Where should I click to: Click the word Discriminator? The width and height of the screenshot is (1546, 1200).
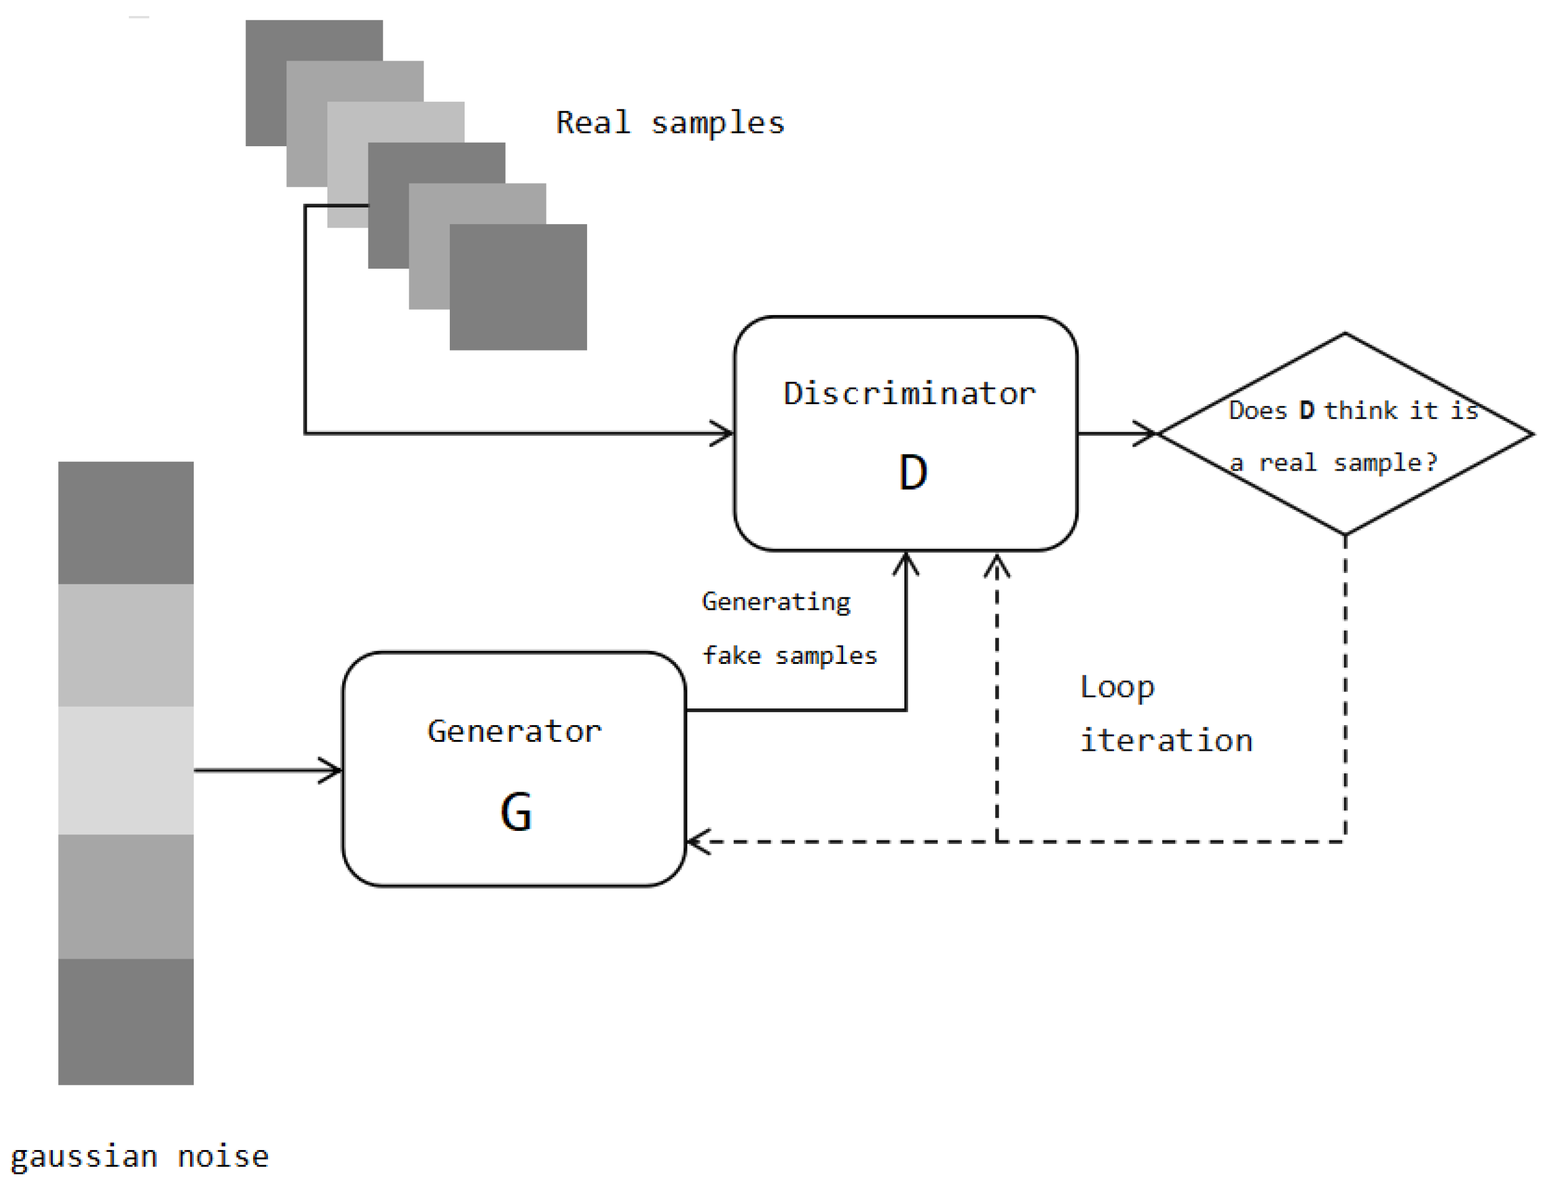(x=909, y=393)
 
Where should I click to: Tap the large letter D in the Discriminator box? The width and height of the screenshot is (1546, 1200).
(x=913, y=473)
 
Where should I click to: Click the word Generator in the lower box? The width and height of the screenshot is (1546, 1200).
(x=515, y=731)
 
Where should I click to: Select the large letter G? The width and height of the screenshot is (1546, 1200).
(x=516, y=812)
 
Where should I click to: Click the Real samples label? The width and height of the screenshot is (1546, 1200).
(x=670, y=123)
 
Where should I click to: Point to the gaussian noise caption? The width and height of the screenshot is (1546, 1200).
(x=140, y=1157)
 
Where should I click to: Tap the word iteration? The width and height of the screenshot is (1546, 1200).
(x=1166, y=741)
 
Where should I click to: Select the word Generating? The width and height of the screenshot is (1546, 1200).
(x=776, y=601)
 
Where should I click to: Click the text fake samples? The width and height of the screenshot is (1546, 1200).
(x=789, y=656)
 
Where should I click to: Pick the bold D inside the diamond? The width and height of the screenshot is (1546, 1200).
(x=1307, y=411)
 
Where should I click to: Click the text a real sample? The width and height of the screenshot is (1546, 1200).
(x=1334, y=463)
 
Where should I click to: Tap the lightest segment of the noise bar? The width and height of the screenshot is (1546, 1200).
(x=126, y=770)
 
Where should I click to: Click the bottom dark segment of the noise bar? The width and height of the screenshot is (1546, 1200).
(x=126, y=1021)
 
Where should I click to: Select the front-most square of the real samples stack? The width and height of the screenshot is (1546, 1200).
(x=518, y=286)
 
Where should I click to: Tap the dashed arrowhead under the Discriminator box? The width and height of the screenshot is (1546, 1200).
(x=996, y=566)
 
